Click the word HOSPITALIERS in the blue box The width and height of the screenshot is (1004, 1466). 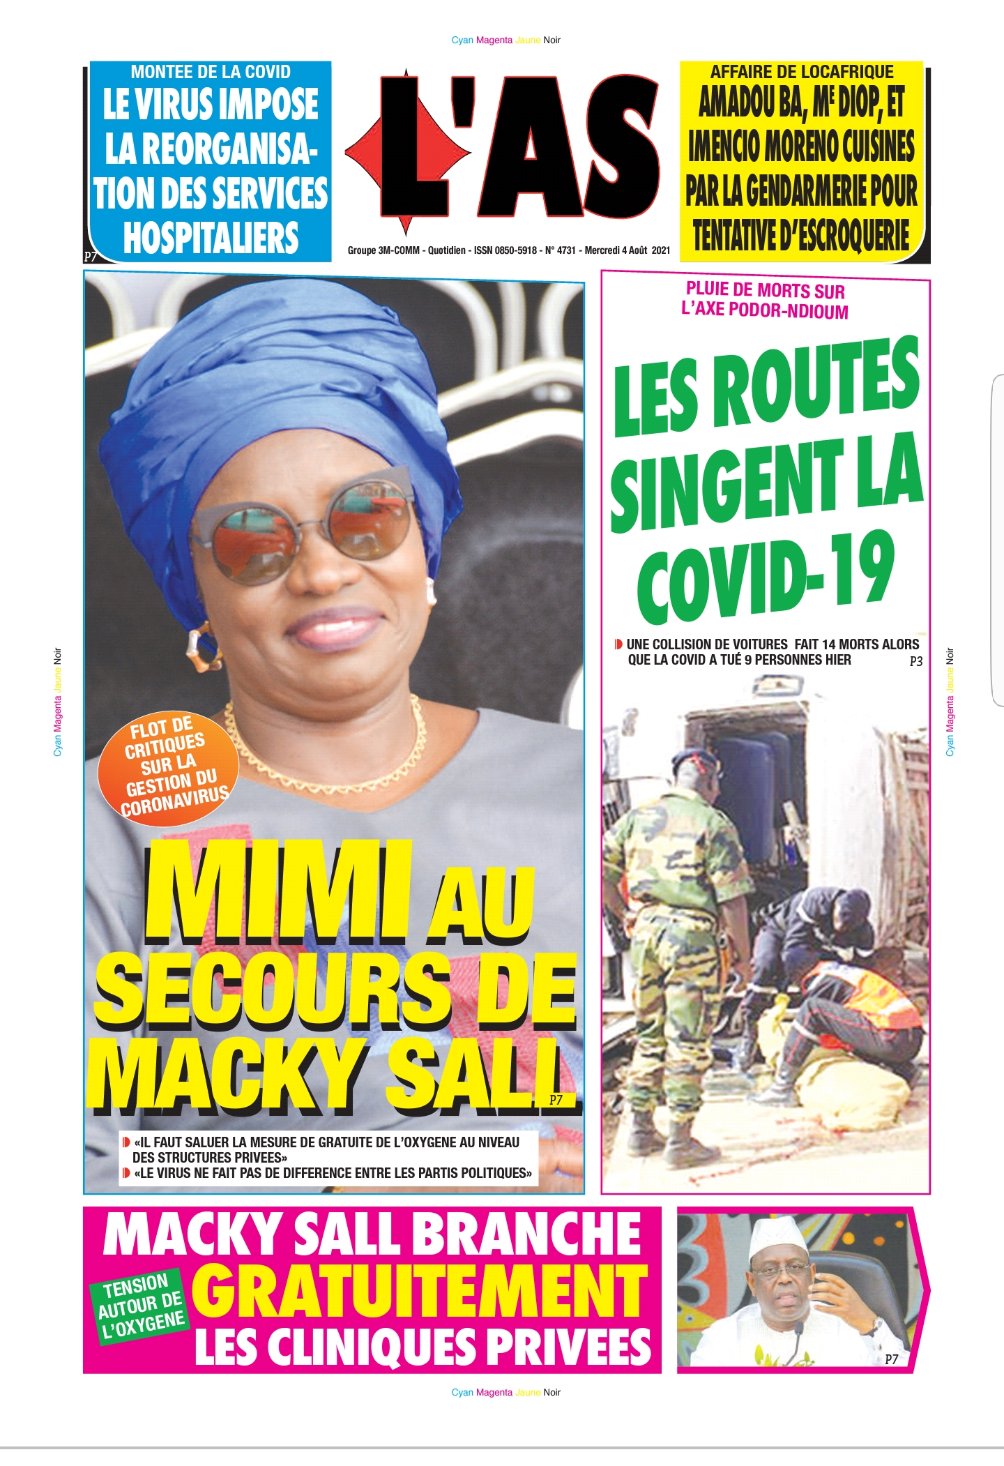211,238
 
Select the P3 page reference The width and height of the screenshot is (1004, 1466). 915,662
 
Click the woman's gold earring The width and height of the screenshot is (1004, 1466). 200,646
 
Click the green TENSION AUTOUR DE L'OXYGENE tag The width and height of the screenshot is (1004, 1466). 140,1303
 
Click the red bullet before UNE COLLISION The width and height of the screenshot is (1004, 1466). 618,644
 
